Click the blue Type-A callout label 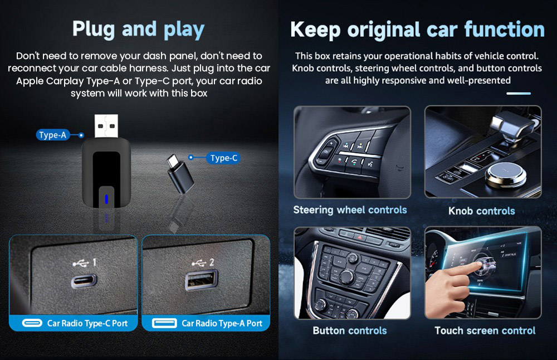(x=53, y=135)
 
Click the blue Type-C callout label (x=224, y=158)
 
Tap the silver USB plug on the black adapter (x=107, y=126)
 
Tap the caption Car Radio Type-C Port (x=87, y=323)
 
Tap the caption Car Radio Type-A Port (x=222, y=323)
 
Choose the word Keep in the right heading (x=316, y=30)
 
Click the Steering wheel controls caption (x=350, y=210)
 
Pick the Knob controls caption (x=481, y=211)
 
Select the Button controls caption (x=349, y=330)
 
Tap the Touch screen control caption (x=485, y=330)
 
